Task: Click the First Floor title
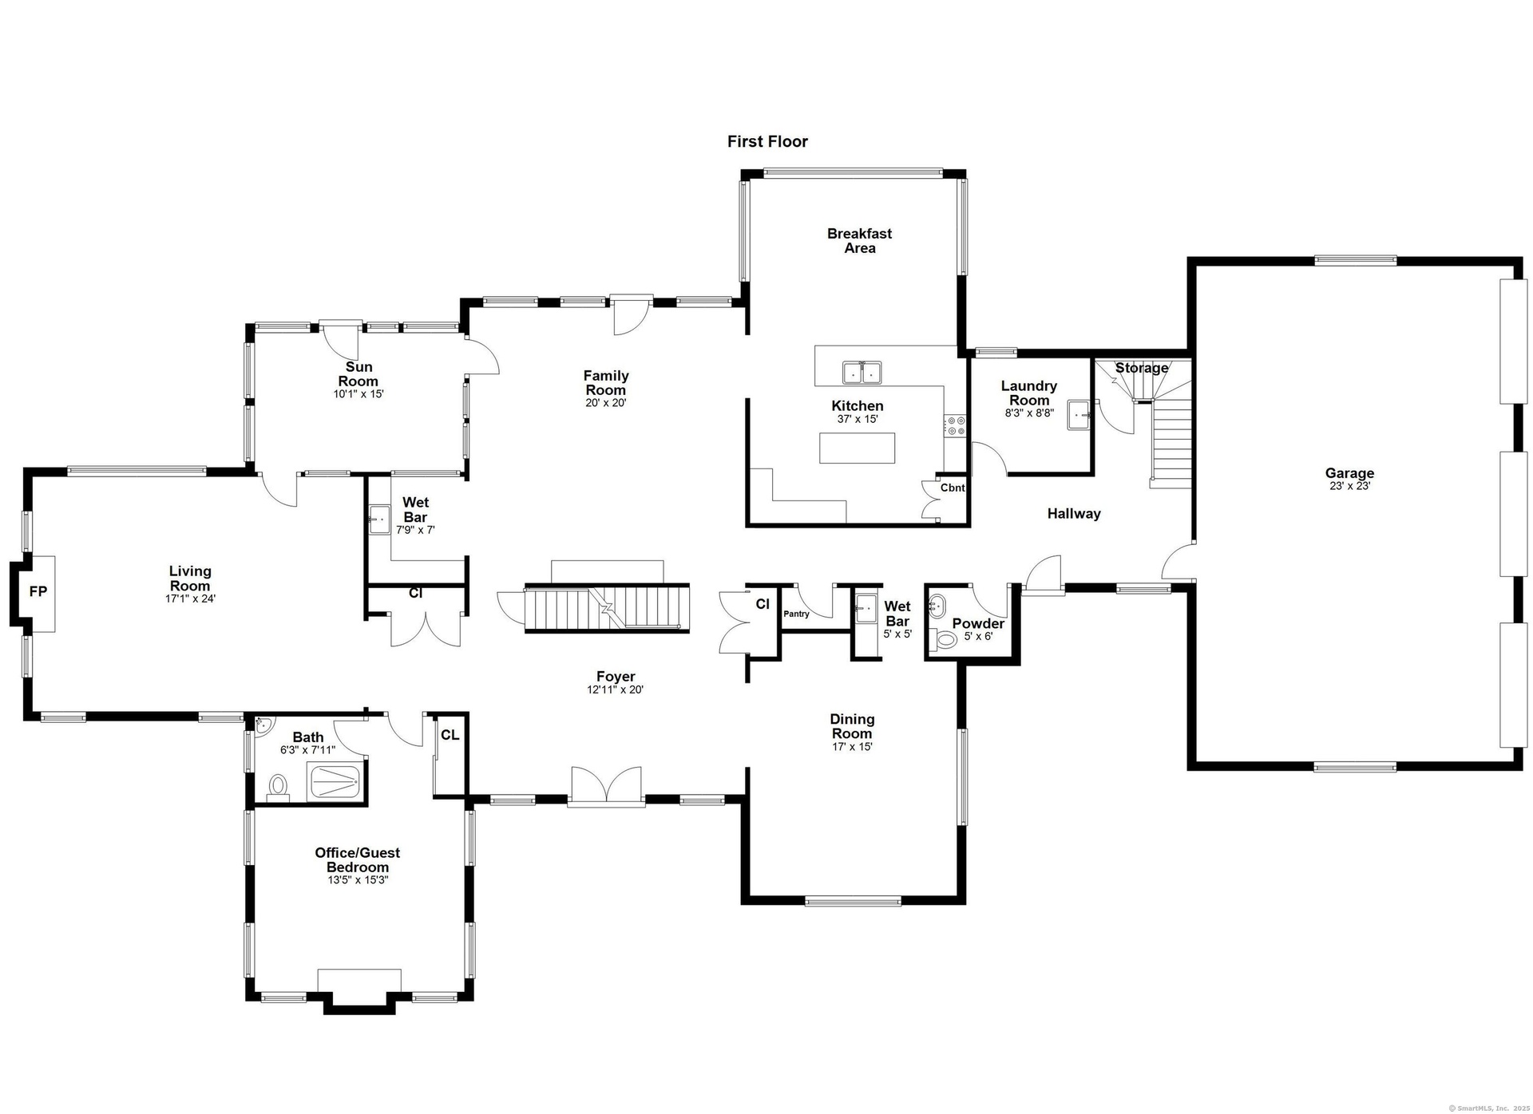pyautogui.click(x=767, y=141)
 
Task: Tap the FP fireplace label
pyautogui.click(x=38, y=591)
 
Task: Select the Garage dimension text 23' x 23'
pyautogui.click(x=1349, y=486)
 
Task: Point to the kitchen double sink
pyautogui.click(x=862, y=373)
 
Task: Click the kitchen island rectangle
pyautogui.click(x=857, y=448)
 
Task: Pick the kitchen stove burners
pyautogui.click(x=955, y=425)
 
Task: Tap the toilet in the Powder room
pyautogui.click(x=944, y=638)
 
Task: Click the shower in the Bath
pyautogui.click(x=335, y=782)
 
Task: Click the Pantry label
pyautogui.click(x=796, y=614)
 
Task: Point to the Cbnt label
pyautogui.click(x=952, y=488)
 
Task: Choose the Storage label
pyautogui.click(x=1142, y=368)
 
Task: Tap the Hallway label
pyautogui.click(x=1074, y=514)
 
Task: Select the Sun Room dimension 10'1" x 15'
pyautogui.click(x=358, y=394)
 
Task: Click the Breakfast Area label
pyautogui.click(x=859, y=241)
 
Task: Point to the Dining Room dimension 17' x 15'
pyautogui.click(x=852, y=747)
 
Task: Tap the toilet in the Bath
pyautogui.click(x=278, y=786)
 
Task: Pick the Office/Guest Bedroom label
pyautogui.click(x=358, y=860)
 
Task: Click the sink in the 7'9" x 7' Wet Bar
pyautogui.click(x=378, y=519)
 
